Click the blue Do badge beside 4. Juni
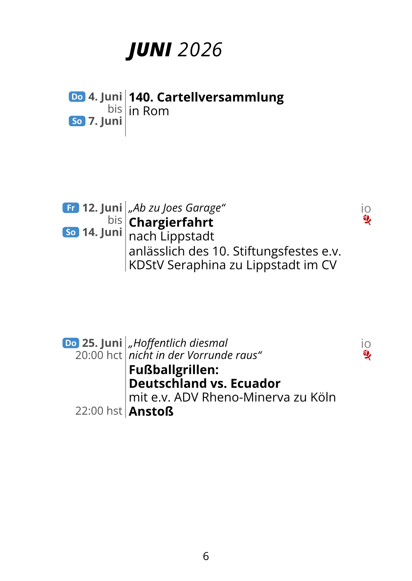(x=77, y=97)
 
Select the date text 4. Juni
(x=105, y=97)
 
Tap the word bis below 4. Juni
(x=115, y=109)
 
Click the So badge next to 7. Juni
(x=77, y=121)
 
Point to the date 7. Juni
(x=105, y=121)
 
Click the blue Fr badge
(x=71, y=208)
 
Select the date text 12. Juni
(x=102, y=208)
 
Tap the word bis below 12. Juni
(x=115, y=220)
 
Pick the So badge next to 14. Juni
(x=71, y=232)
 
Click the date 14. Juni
(x=102, y=232)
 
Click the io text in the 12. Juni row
(x=366, y=209)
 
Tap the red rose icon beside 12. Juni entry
(x=367, y=220)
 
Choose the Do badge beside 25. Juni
(x=71, y=343)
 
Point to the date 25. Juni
(x=102, y=343)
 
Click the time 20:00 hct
(x=99, y=355)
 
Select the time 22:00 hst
(x=99, y=411)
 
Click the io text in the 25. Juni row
(x=366, y=344)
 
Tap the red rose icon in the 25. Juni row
(x=367, y=355)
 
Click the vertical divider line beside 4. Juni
(x=125, y=113)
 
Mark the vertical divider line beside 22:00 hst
(x=125, y=411)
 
